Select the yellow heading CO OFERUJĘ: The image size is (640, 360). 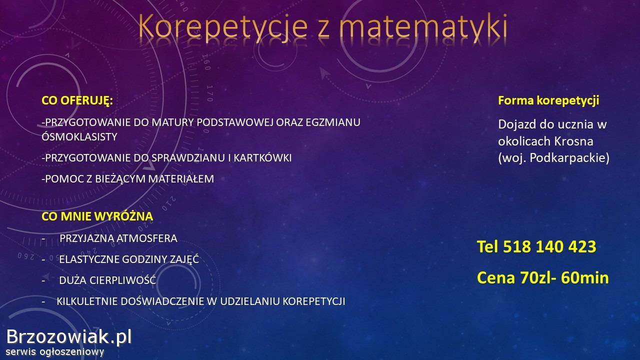tap(77, 101)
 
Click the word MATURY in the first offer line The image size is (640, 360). tap(171, 122)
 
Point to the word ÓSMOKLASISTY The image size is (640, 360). tap(79, 136)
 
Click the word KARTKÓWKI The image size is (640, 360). tap(263, 157)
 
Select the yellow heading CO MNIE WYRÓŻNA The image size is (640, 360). tap(97, 216)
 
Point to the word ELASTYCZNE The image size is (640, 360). tap(88, 259)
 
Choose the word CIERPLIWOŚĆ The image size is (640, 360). tap(123, 279)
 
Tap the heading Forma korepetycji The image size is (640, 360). tap(548, 100)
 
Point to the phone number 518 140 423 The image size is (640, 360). tap(549, 246)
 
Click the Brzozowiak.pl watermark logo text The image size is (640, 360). tap(69, 337)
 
